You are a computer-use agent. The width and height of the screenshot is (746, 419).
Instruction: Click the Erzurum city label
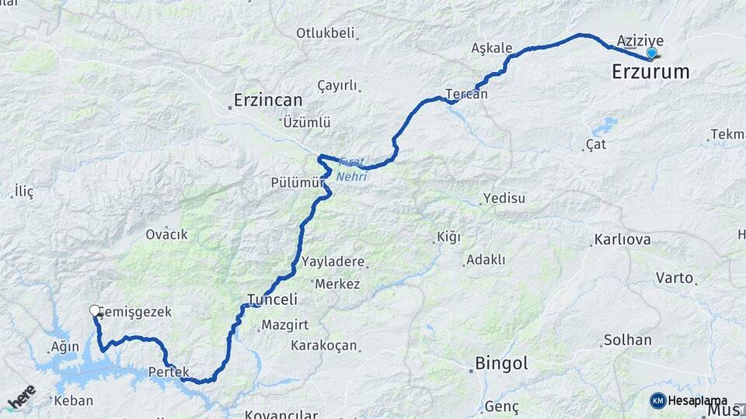[x=650, y=72]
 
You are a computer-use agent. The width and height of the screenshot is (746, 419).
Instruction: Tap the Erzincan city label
[x=268, y=100]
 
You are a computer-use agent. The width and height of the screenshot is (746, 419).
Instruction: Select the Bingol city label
[x=501, y=363]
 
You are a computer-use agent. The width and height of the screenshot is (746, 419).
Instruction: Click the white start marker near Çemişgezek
[x=96, y=311]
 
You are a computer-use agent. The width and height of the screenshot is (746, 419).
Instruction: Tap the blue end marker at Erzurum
[x=651, y=54]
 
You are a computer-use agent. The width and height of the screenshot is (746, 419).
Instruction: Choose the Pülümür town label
[x=296, y=182]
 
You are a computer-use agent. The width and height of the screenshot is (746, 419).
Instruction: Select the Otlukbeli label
[x=325, y=33]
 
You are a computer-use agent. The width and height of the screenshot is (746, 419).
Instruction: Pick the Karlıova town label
[x=622, y=239]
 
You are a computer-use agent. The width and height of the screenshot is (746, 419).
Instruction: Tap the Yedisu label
[x=504, y=198]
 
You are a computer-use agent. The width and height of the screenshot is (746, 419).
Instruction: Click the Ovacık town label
[x=166, y=234]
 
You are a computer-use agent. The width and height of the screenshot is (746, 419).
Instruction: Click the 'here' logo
[x=21, y=397]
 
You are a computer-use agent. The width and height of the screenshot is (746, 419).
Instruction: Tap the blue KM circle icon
[x=657, y=400]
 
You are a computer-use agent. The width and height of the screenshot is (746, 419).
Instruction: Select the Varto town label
[x=674, y=277]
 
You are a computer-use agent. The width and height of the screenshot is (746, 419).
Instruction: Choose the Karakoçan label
[x=324, y=345]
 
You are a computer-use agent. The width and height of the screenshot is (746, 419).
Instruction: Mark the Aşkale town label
[x=492, y=48]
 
